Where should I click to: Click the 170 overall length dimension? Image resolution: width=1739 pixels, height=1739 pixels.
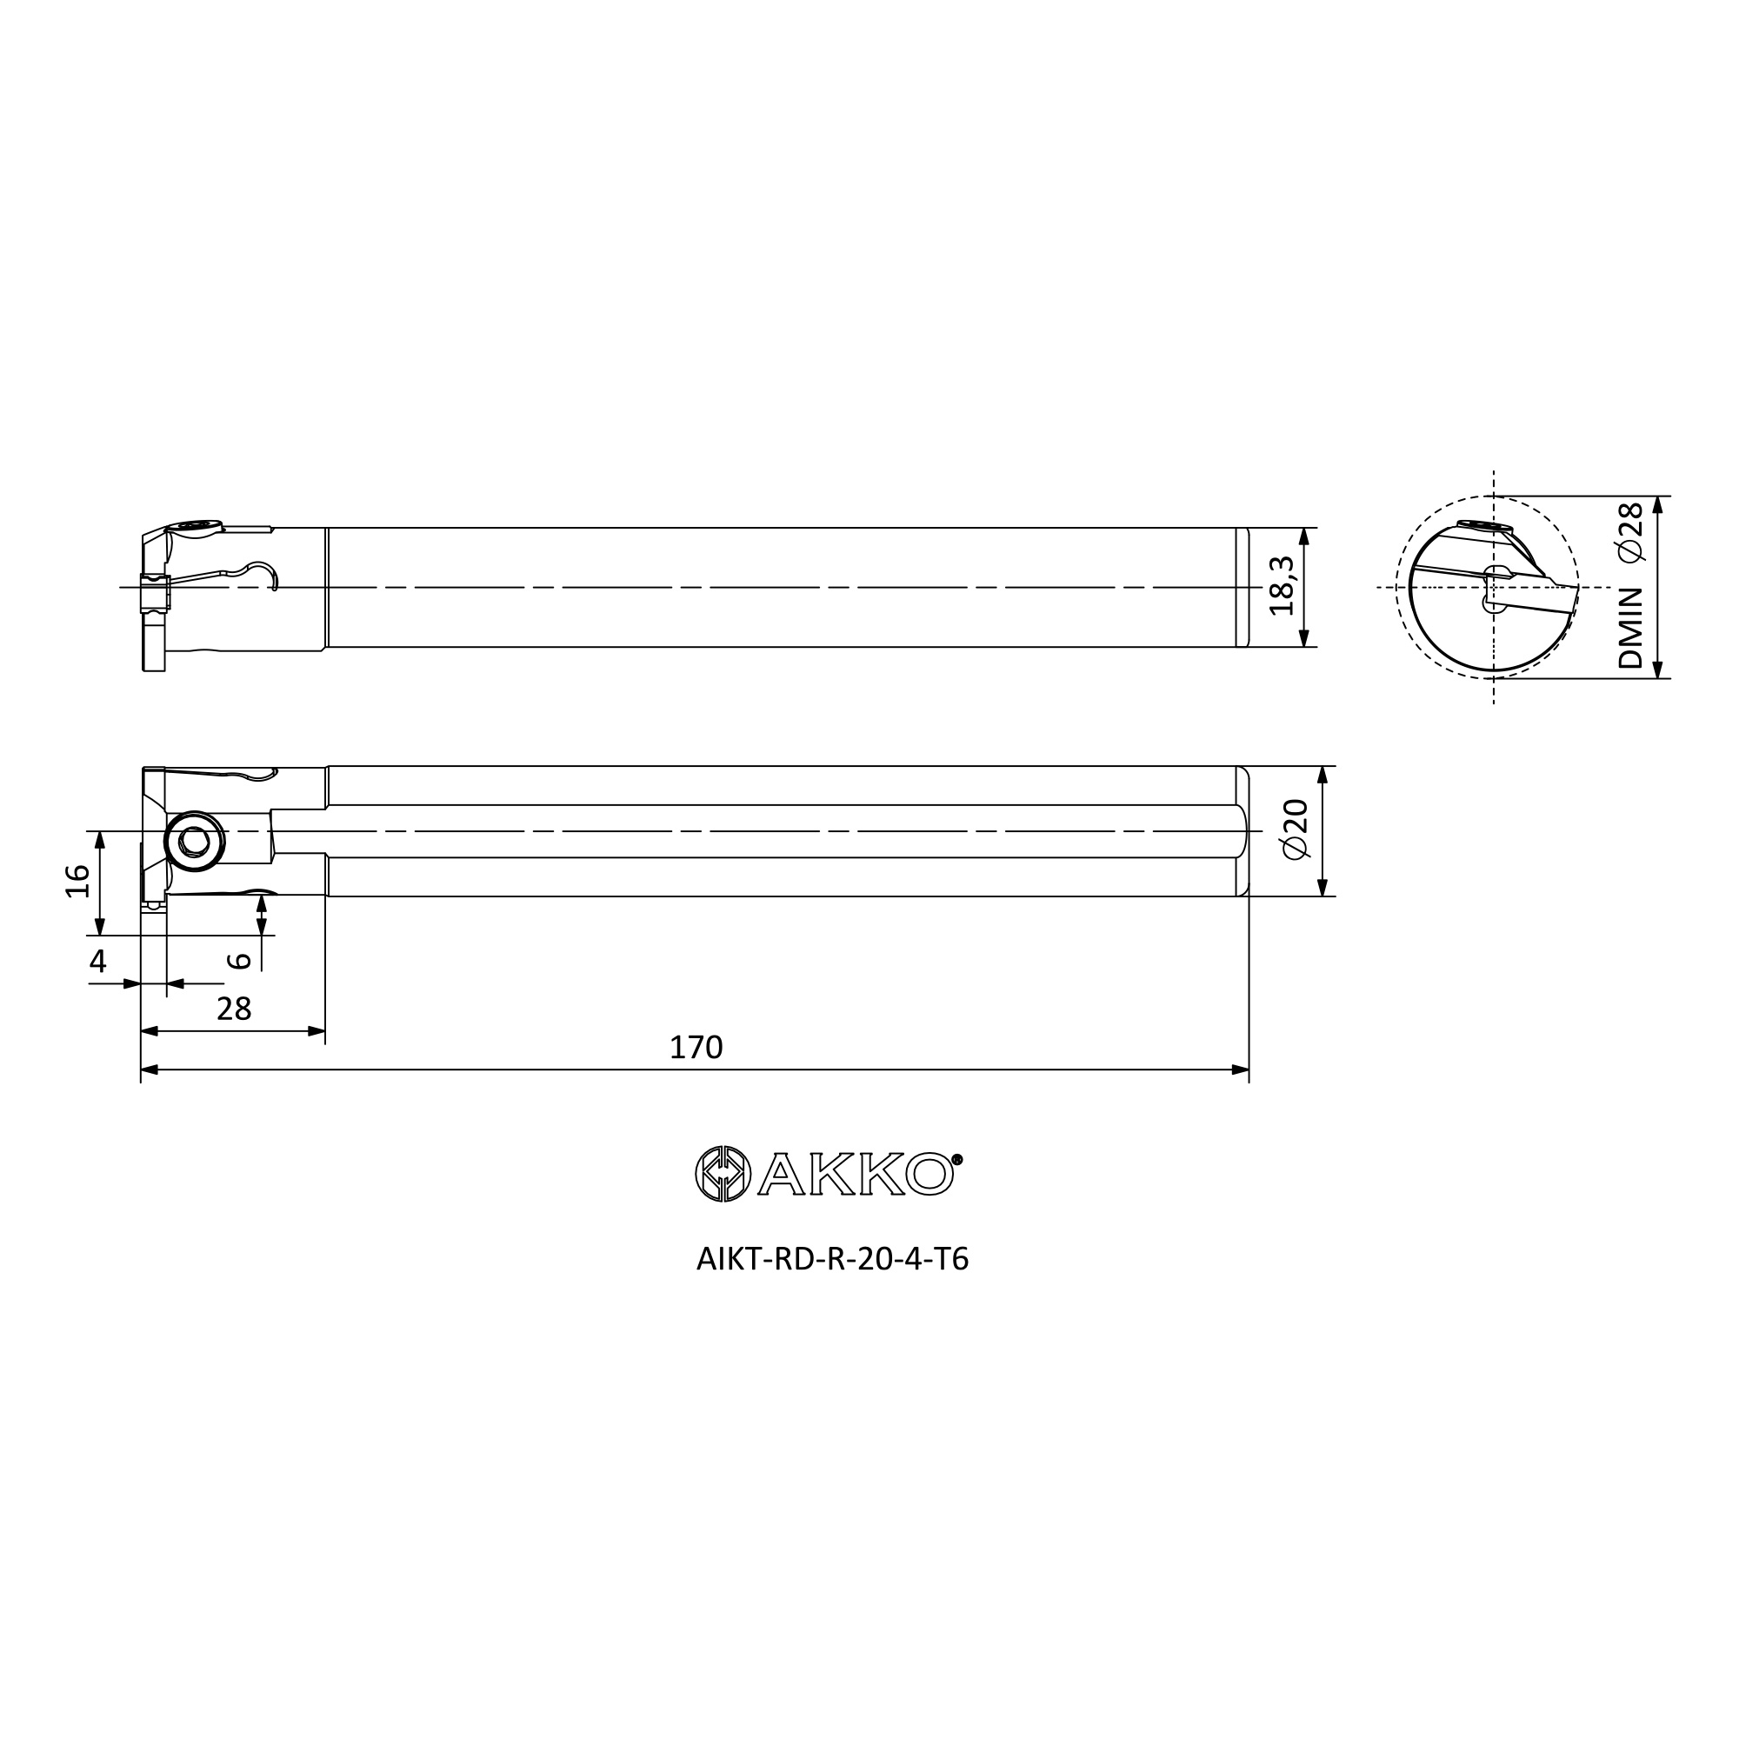(x=696, y=1047)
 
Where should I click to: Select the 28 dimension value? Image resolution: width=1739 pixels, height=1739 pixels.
(x=234, y=1009)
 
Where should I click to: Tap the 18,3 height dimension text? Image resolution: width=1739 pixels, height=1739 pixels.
(x=1282, y=586)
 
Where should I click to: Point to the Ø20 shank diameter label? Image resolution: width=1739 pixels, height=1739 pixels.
(x=1296, y=829)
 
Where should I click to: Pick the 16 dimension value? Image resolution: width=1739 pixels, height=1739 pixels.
(x=78, y=881)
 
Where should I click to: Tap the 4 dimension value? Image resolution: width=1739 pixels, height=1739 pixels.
(x=98, y=962)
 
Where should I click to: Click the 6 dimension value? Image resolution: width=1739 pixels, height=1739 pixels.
(x=239, y=961)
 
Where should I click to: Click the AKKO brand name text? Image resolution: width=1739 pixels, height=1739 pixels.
(x=855, y=1175)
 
